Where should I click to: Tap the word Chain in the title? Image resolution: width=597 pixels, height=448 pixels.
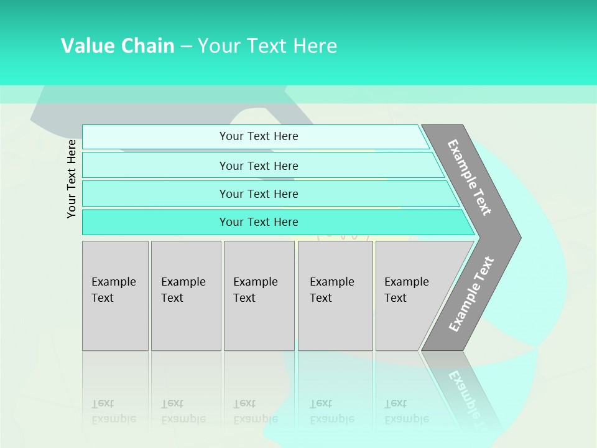pyautogui.click(x=147, y=46)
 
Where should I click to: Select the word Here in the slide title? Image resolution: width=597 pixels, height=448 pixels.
pyautogui.click(x=315, y=46)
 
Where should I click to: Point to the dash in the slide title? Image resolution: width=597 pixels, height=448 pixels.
pyautogui.click(x=186, y=47)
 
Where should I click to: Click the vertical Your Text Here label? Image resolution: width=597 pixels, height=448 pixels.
pyautogui.click(x=72, y=179)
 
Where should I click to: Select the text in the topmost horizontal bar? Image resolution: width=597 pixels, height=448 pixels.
pyautogui.click(x=259, y=136)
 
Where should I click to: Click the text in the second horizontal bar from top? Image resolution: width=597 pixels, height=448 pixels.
pyautogui.click(x=259, y=166)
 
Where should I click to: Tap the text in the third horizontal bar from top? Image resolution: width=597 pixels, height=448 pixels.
pyautogui.click(x=259, y=194)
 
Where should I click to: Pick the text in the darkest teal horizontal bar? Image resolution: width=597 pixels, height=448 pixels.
pyautogui.click(x=259, y=222)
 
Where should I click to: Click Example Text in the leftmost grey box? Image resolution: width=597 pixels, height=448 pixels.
pyautogui.click(x=113, y=290)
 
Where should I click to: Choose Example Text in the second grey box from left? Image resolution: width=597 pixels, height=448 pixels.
pyautogui.click(x=183, y=290)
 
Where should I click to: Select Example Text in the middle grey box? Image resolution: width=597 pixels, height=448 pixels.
pyautogui.click(x=255, y=290)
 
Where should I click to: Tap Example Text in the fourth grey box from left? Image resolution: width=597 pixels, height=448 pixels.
pyautogui.click(x=331, y=290)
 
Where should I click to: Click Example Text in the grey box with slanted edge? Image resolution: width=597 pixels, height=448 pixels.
pyautogui.click(x=406, y=290)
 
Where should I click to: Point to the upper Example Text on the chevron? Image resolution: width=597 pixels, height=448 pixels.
pyautogui.click(x=470, y=177)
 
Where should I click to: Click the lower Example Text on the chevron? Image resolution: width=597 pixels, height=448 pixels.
pyautogui.click(x=471, y=294)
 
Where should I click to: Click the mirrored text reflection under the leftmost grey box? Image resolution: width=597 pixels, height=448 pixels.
pyautogui.click(x=113, y=411)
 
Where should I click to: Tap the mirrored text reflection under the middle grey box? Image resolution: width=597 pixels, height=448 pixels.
pyautogui.click(x=255, y=411)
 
